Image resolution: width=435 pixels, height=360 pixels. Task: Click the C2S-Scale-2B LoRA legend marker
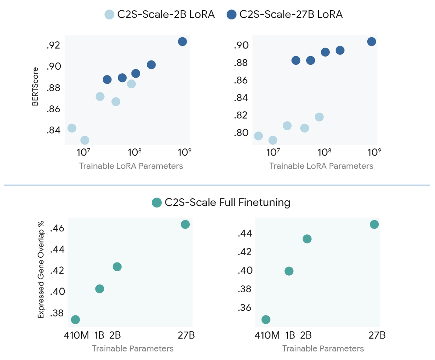point(110,15)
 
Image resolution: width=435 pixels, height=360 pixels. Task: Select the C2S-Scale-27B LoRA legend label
point(291,15)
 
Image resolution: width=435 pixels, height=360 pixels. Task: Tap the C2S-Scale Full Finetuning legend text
point(227,202)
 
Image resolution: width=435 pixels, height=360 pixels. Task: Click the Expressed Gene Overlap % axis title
point(41,269)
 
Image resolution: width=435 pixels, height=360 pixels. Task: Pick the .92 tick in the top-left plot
point(53,45)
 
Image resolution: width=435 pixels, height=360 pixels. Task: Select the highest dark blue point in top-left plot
point(182,42)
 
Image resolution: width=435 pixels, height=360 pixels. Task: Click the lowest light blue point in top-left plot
point(85,140)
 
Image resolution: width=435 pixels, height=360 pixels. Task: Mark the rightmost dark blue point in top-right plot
point(371,42)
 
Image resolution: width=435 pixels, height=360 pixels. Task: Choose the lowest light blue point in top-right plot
point(273,140)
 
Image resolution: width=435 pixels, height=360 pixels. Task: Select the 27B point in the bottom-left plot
point(185,224)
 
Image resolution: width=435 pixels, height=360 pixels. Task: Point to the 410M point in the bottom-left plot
point(75,319)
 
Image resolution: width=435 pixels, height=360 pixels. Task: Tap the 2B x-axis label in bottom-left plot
point(115,335)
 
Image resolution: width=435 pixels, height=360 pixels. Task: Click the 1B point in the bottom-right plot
point(289,271)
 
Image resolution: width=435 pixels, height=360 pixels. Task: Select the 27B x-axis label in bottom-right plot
point(377,335)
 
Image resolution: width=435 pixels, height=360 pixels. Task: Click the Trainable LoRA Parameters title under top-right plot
point(321,166)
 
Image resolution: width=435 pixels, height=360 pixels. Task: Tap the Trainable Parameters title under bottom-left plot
point(132,348)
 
